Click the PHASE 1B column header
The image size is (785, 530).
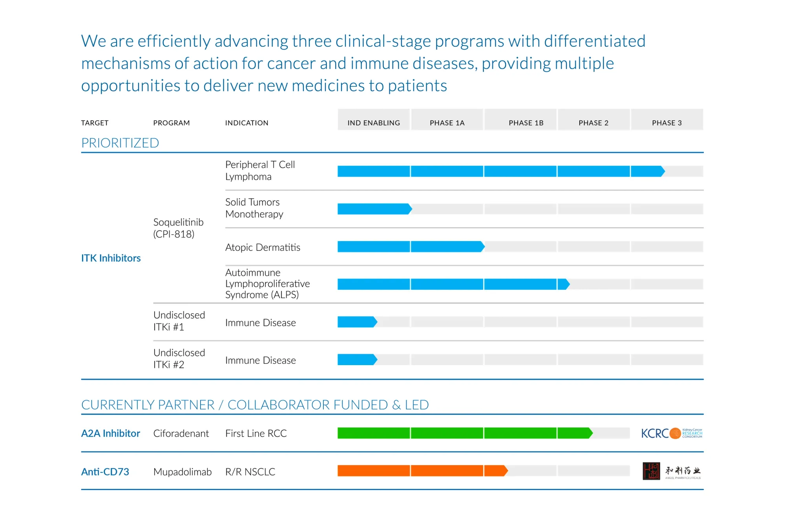(526, 122)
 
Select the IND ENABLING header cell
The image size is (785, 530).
(374, 122)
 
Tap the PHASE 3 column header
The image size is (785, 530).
(666, 122)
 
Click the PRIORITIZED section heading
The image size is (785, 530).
(120, 143)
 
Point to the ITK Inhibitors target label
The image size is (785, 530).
(111, 258)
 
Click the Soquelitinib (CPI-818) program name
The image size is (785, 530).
(178, 228)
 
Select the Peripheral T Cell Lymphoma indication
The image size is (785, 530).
(260, 170)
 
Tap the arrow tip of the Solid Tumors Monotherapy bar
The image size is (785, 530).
(410, 209)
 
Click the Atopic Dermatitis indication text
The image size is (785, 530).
(263, 247)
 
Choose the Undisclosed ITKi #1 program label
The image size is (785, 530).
(179, 321)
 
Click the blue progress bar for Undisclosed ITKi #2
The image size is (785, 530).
(356, 360)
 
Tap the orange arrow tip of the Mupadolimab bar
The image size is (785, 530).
(506, 471)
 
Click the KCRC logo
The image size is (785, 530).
(671, 433)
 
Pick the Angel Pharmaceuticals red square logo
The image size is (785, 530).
(651, 471)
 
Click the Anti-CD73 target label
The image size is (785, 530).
(105, 472)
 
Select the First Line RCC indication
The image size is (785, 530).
(256, 433)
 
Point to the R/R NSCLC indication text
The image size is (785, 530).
(250, 472)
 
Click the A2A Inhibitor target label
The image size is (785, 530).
(110, 433)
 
